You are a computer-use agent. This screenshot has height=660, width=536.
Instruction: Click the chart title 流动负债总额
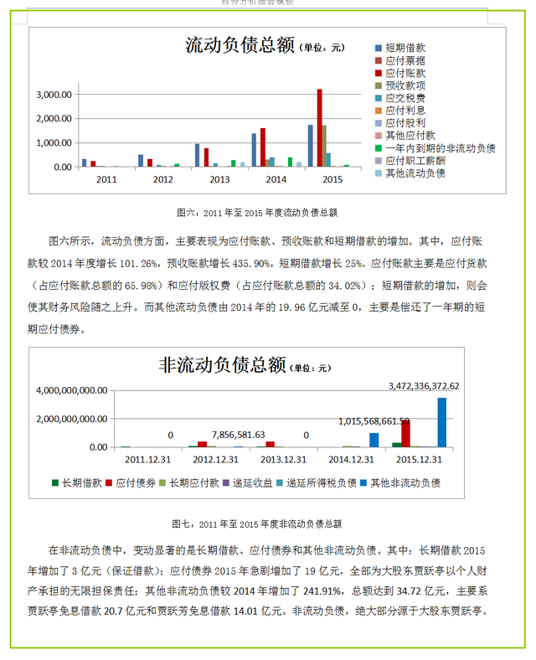[x=240, y=46]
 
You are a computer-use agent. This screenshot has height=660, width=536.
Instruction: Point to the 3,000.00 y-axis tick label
[x=54, y=95]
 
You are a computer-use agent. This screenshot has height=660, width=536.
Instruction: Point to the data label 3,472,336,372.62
[x=435, y=386]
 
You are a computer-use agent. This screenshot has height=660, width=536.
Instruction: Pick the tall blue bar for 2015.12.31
[x=441, y=422]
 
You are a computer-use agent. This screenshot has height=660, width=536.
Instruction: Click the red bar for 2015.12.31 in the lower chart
[x=405, y=433]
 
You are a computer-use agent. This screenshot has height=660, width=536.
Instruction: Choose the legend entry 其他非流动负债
[x=406, y=483]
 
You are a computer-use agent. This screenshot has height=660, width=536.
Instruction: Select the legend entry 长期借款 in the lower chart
[x=80, y=483]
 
